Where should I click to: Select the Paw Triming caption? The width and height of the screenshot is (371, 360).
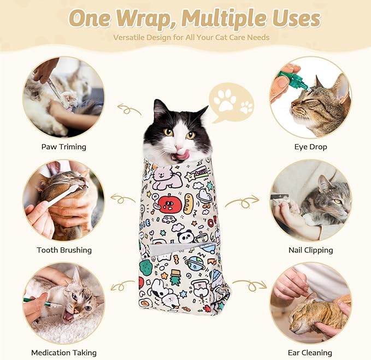64,146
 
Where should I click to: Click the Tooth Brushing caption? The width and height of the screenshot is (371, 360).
64,250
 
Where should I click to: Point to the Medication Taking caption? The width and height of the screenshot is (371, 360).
64,352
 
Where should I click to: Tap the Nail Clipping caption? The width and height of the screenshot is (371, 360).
310,250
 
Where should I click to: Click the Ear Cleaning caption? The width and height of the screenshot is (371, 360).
310,352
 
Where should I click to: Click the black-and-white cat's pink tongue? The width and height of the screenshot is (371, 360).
181,155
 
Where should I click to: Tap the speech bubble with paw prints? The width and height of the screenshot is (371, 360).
231,102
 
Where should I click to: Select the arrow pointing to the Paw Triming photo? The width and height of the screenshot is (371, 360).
129,110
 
